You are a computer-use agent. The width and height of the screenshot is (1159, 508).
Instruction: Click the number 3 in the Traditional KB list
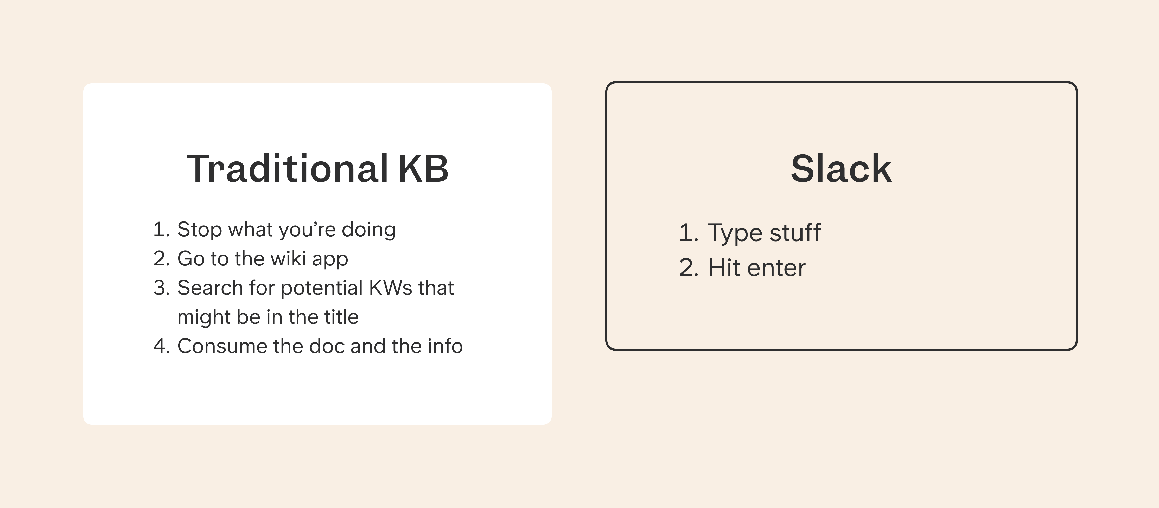(x=161, y=288)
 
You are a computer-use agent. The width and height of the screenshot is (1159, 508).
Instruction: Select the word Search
(x=210, y=288)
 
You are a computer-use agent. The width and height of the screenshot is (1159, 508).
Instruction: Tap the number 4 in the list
(x=161, y=346)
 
